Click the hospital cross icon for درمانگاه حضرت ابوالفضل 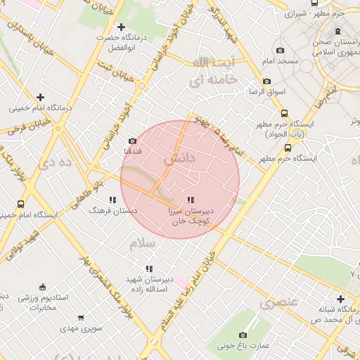(122, 27)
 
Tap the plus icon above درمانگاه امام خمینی (40, 97)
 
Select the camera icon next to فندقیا (132, 141)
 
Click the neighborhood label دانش (179, 160)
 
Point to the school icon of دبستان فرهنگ (112, 200)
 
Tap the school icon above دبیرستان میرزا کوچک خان (191, 200)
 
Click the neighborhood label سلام (141, 243)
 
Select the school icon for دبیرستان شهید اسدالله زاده (149, 268)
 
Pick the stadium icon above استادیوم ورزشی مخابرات (43, 286)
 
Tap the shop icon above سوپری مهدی (82, 318)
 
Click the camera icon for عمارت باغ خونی (243, 335)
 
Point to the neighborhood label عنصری (278, 303)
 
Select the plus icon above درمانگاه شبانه (340, 299)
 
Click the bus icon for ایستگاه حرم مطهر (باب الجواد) (284, 113)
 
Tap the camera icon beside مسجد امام (281, 50)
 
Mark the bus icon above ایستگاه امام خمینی (20, 204)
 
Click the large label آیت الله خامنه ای (214, 72)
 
